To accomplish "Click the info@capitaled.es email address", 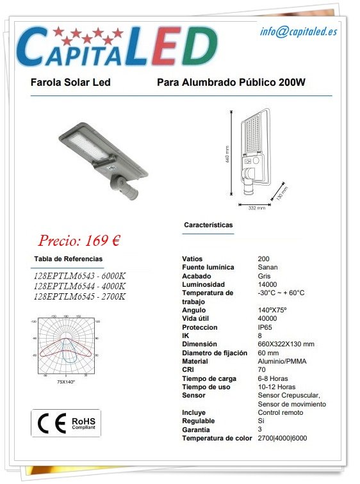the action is click(298, 31).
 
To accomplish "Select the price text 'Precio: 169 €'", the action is click(79, 241).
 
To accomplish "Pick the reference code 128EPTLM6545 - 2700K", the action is click(79, 296).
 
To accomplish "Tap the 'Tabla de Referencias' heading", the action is click(68, 259).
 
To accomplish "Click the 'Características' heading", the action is click(208, 225).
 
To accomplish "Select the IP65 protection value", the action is click(264, 327).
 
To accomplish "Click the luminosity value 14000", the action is click(267, 284).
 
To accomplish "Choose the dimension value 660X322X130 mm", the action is click(286, 344).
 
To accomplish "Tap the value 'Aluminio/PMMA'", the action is click(282, 361).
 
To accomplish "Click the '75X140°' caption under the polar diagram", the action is click(66, 382).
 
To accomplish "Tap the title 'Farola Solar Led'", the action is click(70, 83).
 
